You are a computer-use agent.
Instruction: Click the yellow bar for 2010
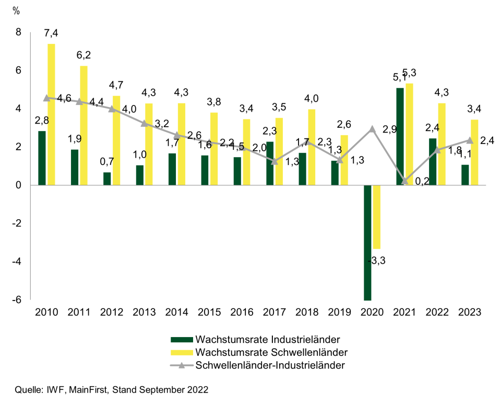pyautogui.click(x=51, y=114)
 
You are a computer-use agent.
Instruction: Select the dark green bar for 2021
pyautogui.click(x=400, y=136)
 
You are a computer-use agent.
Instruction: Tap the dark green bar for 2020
pyautogui.click(x=367, y=243)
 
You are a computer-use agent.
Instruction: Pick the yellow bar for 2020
pyautogui.click(x=377, y=217)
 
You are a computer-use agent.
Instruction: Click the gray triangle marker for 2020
pyautogui.click(x=372, y=129)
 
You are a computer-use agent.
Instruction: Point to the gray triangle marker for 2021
pyautogui.click(x=404, y=181)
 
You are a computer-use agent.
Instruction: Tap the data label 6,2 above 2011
pyautogui.click(x=83, y=55)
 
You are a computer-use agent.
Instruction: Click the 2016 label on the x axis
pyautogui.click(x=242, y=312)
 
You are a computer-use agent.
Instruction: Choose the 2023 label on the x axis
pyautogui.click(x=470, y=312)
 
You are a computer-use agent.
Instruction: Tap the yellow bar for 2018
pyautogui.click(x=312, y=147)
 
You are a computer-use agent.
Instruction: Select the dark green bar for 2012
pyautogui.click(x=107, y=178)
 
